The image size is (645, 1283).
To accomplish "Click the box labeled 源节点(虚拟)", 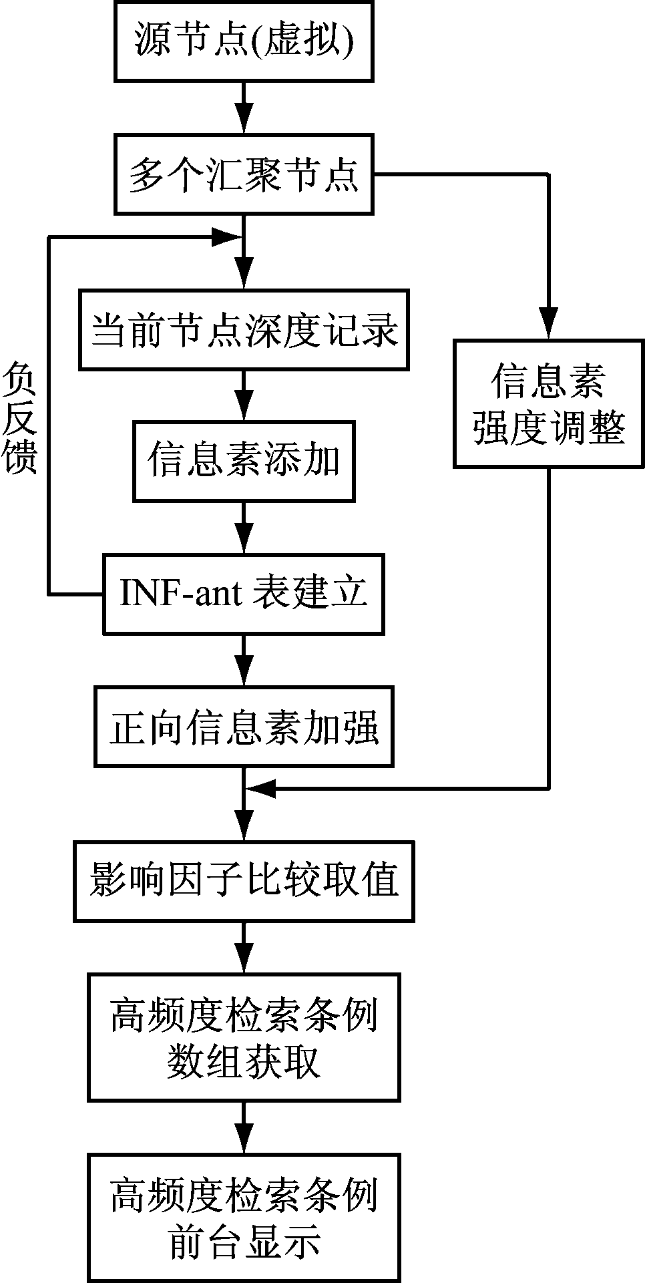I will click(x=244, y=41).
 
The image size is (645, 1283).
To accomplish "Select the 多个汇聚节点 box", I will click(x=244, y=174).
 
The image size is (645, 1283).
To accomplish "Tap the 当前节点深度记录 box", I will click(x=244, y=329).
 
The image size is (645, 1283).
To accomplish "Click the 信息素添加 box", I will click(x=244, y=461).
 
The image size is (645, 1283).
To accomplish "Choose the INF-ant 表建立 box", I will click(x=244, y=594).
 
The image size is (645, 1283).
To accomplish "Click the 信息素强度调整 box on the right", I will click(x=549, y=403).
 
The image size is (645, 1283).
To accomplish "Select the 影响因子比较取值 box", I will click(x=244, y=882).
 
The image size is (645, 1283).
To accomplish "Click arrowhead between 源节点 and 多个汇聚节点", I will click(x=244, y=120).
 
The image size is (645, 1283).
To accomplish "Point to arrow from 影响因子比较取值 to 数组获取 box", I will click(x=244, y=948).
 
